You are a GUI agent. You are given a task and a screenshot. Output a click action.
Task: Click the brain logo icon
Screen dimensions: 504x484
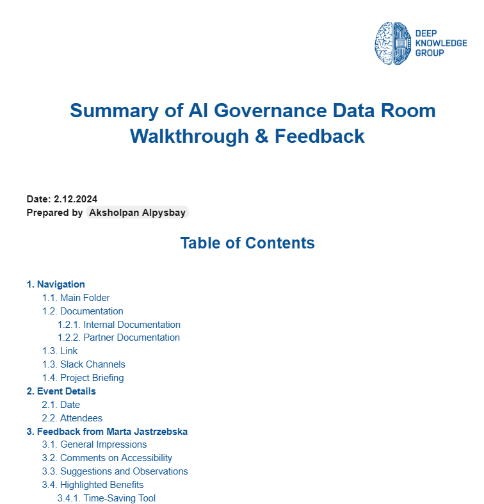point(392,42)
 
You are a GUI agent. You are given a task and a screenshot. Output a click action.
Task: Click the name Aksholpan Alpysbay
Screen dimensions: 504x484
point(137,213)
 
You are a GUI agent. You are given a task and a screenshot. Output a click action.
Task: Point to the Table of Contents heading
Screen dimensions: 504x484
point(247,243)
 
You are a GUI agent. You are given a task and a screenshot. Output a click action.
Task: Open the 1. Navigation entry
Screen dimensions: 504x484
point(56,284)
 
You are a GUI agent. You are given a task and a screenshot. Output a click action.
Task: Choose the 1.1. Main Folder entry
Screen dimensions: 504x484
point(76,298)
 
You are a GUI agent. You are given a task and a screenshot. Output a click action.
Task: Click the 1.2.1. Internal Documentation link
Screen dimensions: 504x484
point(119,325)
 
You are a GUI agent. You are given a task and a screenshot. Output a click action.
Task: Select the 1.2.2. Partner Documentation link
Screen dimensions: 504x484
point(118,337)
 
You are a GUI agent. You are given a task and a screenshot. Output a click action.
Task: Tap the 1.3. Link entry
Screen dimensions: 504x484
point(60,351)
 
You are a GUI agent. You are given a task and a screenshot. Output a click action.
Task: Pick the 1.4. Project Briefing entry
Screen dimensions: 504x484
point(83,378)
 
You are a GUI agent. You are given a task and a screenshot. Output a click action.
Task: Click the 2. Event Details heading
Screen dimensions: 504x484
point(61,391)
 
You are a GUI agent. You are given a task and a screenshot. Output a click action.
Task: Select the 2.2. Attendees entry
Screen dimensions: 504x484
point(72,418)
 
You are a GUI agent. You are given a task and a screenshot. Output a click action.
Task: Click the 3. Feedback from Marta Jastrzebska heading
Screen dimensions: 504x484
point(107,432)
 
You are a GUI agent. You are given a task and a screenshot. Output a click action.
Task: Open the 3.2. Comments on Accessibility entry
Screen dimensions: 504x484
point(107,458)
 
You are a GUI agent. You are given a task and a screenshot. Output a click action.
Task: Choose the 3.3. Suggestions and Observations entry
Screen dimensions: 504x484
point(115,471)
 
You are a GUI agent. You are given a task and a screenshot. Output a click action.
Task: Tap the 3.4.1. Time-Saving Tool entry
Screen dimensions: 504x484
point(106,498)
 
